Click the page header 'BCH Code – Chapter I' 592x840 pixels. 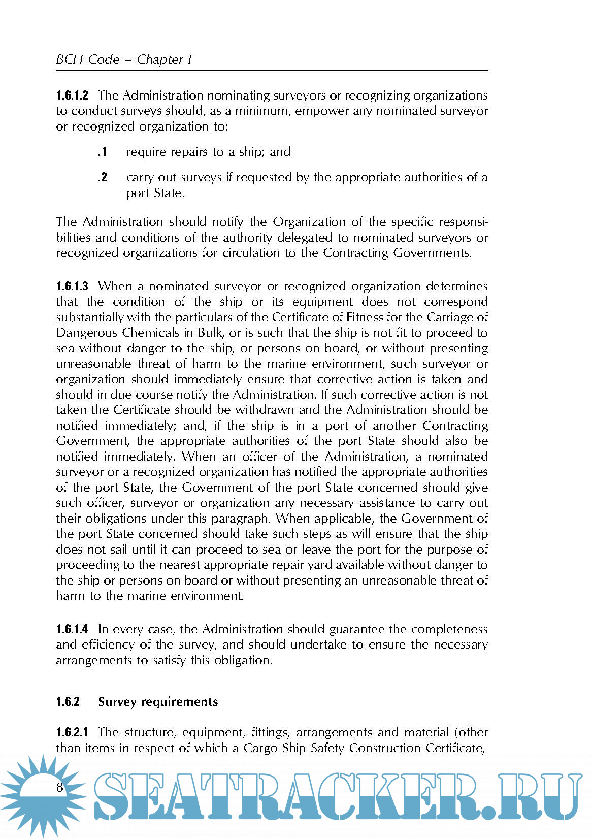pos(123,59)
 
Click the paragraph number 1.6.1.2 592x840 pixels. pos(72,95)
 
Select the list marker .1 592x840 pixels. pos(102,152)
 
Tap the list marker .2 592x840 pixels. pos(102,177)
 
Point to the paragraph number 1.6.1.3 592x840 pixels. pos(72,286)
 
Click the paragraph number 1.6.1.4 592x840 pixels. pos(72,629)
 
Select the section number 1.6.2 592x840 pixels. pos(68,702)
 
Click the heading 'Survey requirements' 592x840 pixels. pos(158,702)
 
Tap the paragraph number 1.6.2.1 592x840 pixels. pos(72,732)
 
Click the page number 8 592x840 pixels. pos(60,787)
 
